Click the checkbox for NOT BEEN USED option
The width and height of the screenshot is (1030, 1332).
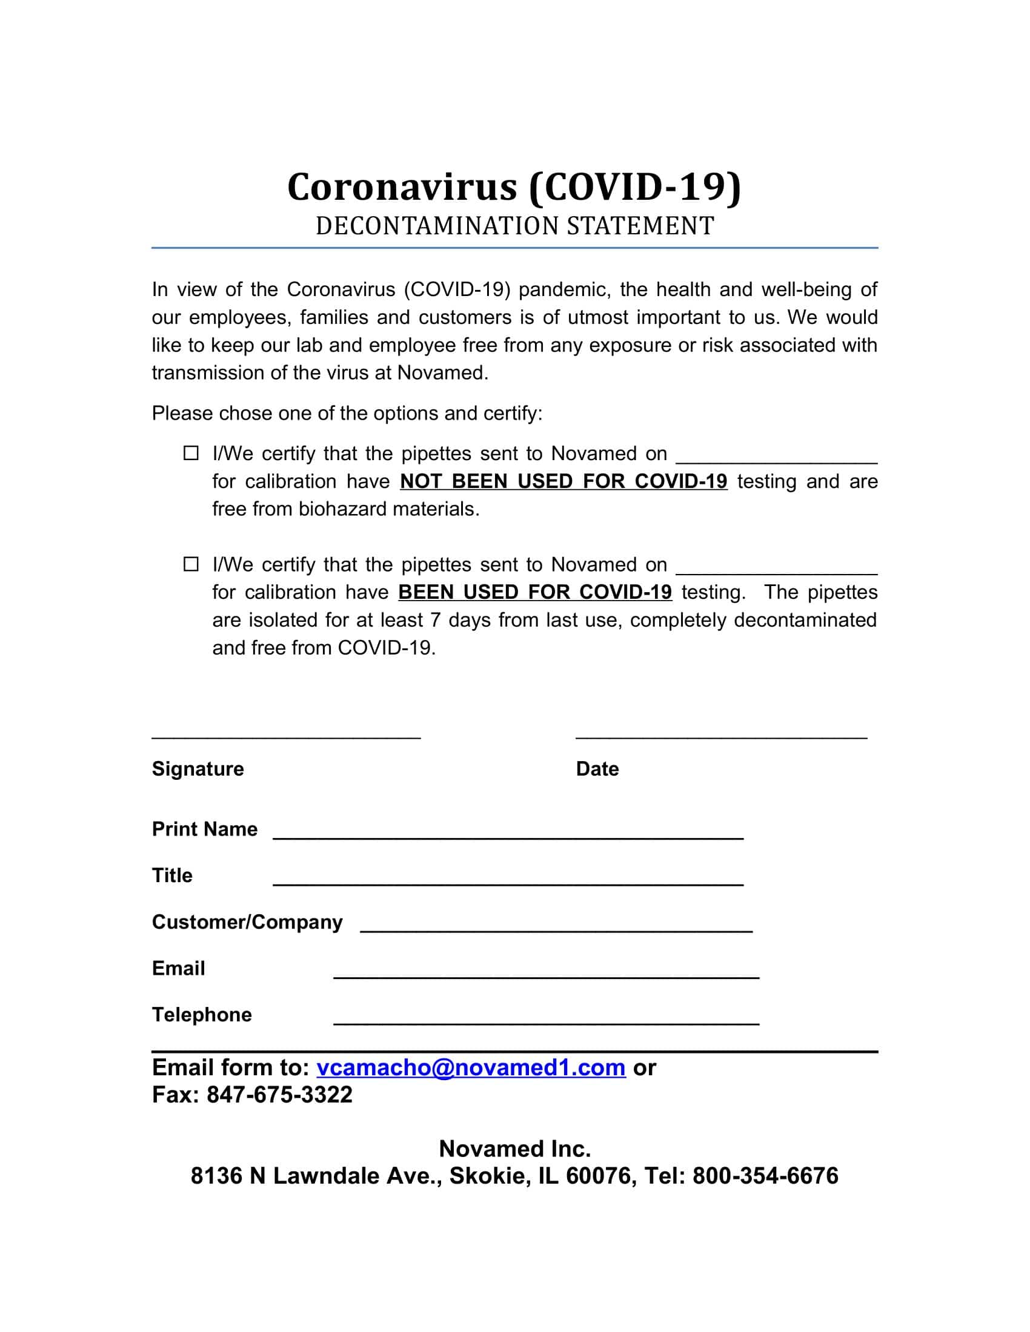[x=191, y=453]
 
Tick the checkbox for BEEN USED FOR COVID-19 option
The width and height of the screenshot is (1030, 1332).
[x=191, y=564]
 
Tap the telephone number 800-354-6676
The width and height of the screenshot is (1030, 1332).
[x=765, y=1176]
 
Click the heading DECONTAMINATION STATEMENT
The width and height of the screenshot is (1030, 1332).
[x=514, y=226]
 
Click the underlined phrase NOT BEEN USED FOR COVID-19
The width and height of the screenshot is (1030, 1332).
[x=563, y=482]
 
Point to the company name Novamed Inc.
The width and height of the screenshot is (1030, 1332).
[x=514, y=1149]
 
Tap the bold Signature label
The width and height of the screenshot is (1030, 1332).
[x=198, y=769]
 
